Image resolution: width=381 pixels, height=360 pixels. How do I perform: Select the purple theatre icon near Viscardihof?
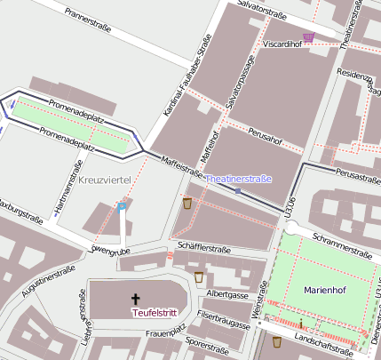[x=308, y=37]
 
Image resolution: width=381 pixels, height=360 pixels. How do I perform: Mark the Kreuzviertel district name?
[x=105, y=180]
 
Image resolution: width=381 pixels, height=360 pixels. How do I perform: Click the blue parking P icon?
[x=122, y=207]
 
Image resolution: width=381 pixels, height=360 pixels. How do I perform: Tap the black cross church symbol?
[x=137, y=299]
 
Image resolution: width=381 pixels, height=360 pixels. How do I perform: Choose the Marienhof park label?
[x=329, y=290]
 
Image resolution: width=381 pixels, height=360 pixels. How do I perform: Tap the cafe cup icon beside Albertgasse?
[x=198, y=277]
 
